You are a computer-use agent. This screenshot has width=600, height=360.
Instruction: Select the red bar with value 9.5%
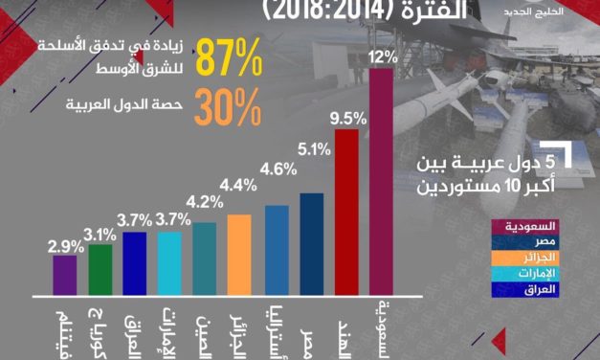[345, 211]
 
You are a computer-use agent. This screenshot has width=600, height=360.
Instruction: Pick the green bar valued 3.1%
[100, 269]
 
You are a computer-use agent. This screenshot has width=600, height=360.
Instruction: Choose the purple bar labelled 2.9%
[65, 274]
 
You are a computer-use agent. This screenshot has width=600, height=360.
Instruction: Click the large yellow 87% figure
[229, 60]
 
